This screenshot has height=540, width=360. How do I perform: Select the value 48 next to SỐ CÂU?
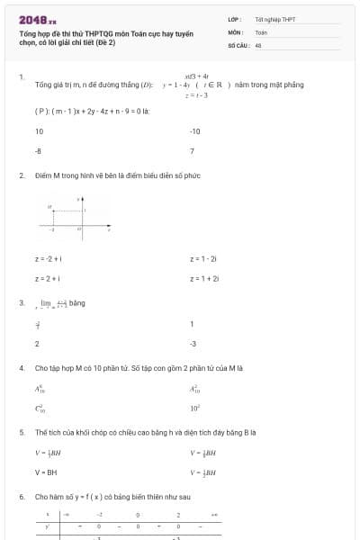tap(258, 44)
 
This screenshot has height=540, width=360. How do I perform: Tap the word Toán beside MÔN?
tap(261, 31)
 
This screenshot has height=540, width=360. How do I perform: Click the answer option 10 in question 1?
tap(39, 131)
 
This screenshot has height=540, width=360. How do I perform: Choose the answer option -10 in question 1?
tap(195, 131)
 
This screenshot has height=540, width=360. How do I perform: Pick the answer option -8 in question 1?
tap(38, 151)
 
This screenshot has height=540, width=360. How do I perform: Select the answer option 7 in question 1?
tap(193, 151)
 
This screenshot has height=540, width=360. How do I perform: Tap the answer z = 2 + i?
tap(47, 279)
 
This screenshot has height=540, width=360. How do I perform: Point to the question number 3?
tap(21, 303)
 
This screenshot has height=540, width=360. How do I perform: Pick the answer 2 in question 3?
tap(37, 344)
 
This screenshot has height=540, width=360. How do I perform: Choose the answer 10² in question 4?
tap(194, 409)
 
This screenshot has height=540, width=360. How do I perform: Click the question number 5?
tap(21, 432)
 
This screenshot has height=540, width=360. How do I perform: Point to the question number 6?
tap(21, 497)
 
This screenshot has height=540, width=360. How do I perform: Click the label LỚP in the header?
tap(234, 19)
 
